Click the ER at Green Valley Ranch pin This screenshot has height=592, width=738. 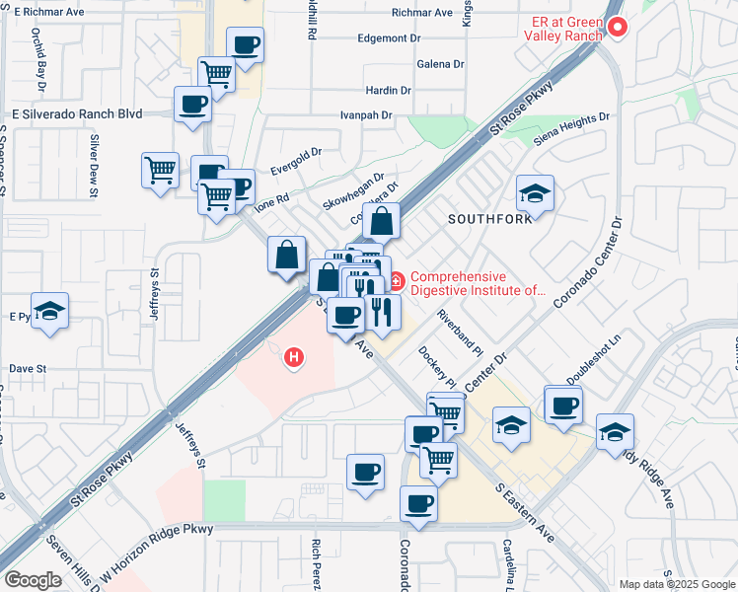619,27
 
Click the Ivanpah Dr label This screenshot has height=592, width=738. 366,115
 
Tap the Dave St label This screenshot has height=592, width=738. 28,369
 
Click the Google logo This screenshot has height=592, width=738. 33,580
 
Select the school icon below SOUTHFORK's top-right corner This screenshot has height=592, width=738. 535,193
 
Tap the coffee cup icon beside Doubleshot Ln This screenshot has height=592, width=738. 563,405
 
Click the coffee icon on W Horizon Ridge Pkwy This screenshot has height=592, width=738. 418,503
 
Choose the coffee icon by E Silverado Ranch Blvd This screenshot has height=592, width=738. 193,104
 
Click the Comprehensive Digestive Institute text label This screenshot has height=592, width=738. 478,284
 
